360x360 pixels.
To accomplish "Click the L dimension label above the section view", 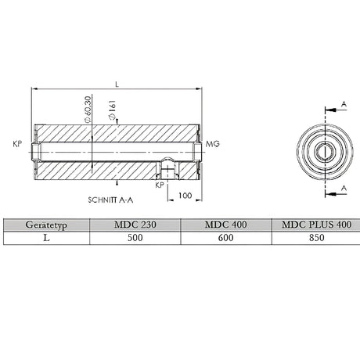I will [117, 82].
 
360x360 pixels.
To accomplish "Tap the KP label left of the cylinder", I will [18, 145].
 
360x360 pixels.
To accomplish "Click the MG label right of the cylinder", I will [212, 145].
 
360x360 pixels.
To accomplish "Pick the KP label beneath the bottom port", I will [159, 186].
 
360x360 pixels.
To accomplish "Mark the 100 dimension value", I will [185, 195].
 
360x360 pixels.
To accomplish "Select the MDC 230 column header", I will [135, 225].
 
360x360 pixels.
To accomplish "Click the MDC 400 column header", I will [226, 225].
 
